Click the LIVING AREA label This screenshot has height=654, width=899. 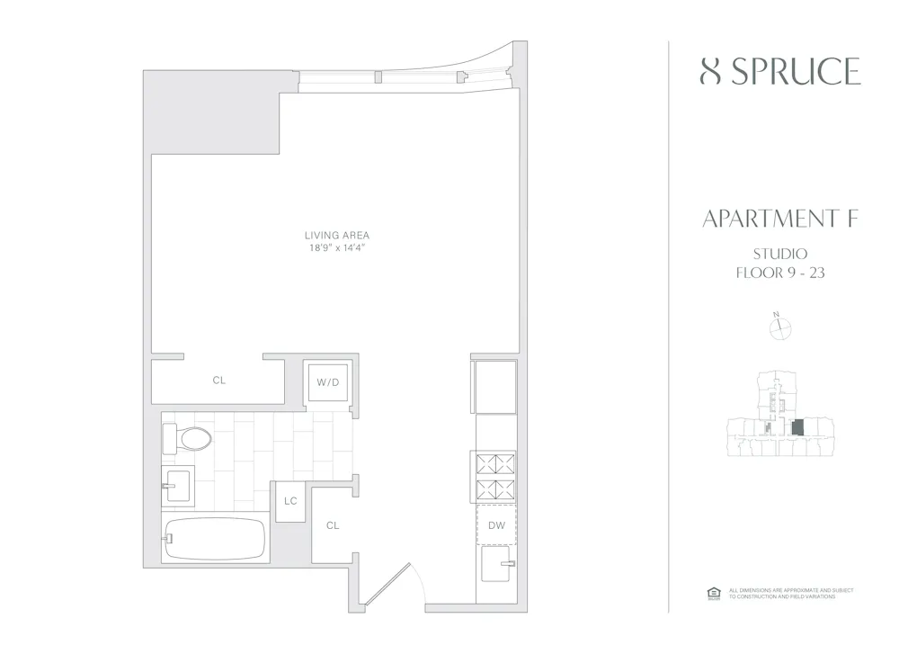[337, 235]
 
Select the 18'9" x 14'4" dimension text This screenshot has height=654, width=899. [337, 247]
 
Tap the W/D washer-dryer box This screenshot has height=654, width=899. [327, 383]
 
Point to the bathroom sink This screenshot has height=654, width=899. [178, 487]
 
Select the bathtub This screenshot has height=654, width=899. [214, 539]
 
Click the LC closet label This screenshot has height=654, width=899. [290, 501]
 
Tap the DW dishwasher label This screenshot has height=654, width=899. [496, 525]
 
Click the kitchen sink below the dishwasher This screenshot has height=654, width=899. [496, 567]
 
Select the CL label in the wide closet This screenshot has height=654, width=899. [219, 381]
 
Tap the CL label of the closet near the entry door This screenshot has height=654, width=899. [332, 525]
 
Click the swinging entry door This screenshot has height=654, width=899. [390, 586]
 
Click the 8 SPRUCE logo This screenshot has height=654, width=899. [779, 71]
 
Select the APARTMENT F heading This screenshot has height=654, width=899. [779, 219]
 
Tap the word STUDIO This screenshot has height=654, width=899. [779, 254]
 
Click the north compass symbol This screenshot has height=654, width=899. [779, 328]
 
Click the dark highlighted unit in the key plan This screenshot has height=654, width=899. [797, 426]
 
